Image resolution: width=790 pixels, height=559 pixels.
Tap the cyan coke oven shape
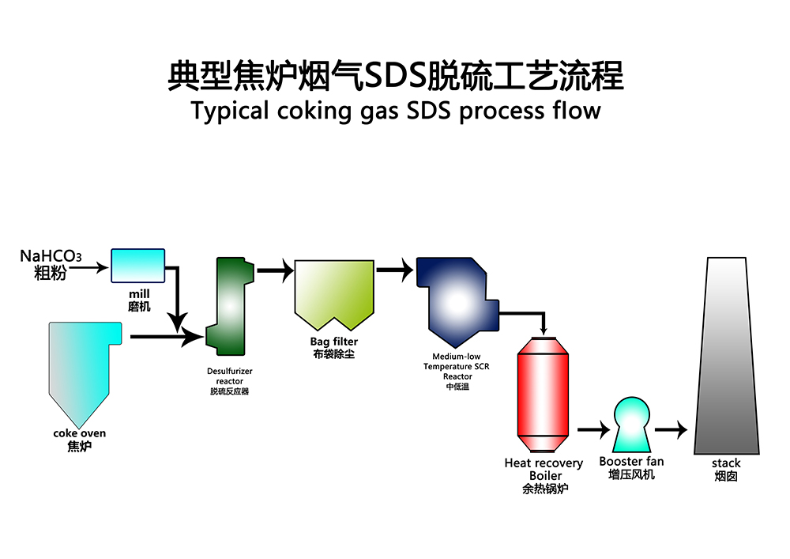pos(79,364)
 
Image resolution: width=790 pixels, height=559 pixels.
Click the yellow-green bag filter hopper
pos(333,293)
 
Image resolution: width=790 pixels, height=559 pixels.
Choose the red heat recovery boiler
pos(542,392)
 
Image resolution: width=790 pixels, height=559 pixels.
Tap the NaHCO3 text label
pos(50,257)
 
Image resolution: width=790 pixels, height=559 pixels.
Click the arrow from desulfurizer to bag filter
pos(274,271)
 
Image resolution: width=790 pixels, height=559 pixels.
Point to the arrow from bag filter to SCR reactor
pos(394,270)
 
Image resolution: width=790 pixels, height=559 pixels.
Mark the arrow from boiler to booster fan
pos(592,430)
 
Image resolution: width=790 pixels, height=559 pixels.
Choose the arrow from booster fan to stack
pos(671,430)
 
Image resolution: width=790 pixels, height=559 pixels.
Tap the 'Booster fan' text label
pos(631,462)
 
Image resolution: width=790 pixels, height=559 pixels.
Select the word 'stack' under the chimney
pos(726,463)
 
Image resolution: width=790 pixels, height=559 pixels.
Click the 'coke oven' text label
pos(79,433)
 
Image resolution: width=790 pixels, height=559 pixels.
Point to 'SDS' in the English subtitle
pos(430,110)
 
